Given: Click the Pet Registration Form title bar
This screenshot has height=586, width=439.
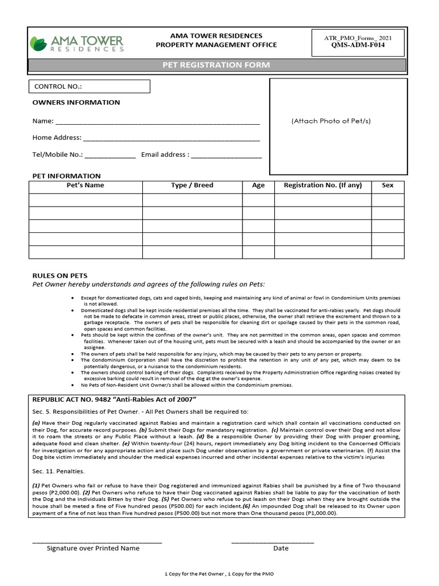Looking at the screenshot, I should click(x=217, y=65).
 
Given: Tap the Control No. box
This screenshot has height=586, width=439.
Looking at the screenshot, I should click(x=89, y=86).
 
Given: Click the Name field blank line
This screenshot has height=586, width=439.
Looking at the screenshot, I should click(x=157, y=122).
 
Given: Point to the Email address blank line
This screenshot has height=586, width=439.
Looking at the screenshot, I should click(x=226, y=155).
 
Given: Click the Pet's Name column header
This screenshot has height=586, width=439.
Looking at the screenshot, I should click(x=86, y=185).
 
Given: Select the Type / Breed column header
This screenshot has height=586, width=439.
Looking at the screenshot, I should click(x=192, y=185).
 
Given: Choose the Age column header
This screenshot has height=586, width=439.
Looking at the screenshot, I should click(x=258, y=185).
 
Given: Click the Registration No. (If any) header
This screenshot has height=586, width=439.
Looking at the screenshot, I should click(x=323, y=185).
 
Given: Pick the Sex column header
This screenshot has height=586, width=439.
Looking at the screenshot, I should click(x=388, y=185).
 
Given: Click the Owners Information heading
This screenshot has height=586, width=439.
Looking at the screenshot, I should click(x=76, y=102).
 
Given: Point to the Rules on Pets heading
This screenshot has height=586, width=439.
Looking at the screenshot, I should click(x=60, y=275).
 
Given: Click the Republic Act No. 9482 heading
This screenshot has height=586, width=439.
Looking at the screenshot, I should click(x=114, y=399).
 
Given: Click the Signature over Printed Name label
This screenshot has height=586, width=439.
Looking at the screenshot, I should click(x=93, y=548).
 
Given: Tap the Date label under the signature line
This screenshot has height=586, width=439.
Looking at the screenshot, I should click(x=281, y=548).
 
